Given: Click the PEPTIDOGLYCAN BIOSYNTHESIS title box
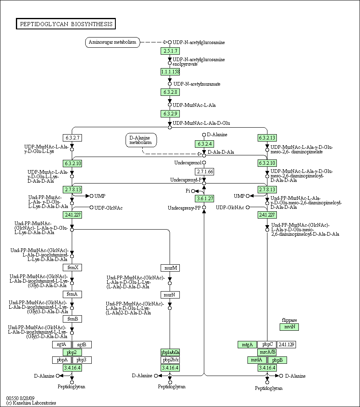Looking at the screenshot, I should point(66,24).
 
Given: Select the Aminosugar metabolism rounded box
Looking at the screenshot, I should point(113,42).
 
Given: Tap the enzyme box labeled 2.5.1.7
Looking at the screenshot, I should point(170,51).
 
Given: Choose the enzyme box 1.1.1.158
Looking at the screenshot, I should point(170,72).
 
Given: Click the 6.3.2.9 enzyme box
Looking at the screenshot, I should point(170,113).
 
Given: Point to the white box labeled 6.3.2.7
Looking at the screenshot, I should point(72,138).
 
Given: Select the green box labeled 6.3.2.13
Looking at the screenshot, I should point(267,138).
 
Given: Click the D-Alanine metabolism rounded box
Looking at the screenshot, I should point(141,140).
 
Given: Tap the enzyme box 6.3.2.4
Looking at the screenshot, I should point(204,144).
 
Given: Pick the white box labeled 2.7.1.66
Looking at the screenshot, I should point(204,172).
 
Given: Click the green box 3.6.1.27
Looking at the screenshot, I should point(204,199).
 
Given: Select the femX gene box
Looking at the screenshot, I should point(73,268).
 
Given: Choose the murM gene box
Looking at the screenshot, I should point(170,268).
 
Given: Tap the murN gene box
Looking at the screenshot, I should point(170,295).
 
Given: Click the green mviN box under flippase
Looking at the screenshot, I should point(289,327).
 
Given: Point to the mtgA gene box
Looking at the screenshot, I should point(247,345).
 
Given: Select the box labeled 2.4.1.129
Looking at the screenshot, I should point(287,345).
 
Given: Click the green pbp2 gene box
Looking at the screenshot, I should point(73,352).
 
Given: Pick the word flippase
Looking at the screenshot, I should point(289,320).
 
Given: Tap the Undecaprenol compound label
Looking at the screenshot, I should point(188,163).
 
